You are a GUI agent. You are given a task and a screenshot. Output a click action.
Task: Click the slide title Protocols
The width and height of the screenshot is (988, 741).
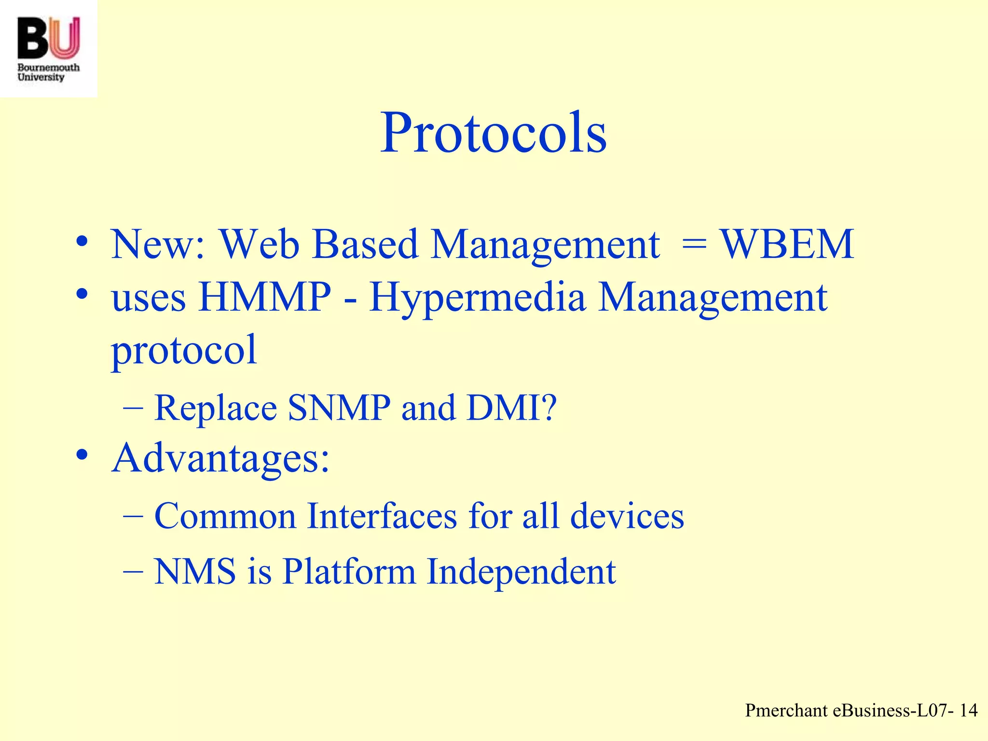coord(493,133)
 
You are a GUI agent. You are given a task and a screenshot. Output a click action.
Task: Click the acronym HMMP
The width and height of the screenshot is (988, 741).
coord(265,297)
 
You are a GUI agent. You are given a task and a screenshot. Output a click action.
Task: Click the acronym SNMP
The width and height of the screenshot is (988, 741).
coord(339,408)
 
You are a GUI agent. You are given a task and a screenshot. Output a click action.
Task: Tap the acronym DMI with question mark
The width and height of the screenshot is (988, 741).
coord(511,408)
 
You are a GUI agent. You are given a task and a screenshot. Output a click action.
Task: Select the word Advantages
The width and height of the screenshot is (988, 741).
coord(220,458)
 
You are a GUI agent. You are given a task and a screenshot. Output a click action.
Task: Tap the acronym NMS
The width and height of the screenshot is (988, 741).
coord(195,572)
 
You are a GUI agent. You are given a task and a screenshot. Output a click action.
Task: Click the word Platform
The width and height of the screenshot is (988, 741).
coord(348,572)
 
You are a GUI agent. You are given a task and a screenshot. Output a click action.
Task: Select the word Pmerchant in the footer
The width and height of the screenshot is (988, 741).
coord(786,711)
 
